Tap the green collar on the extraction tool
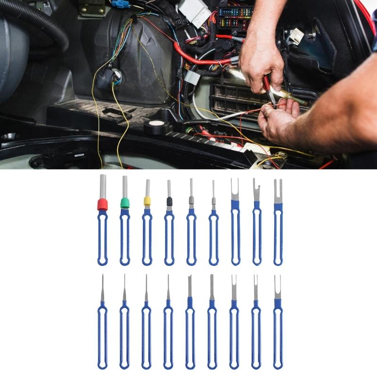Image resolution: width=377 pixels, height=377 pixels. click(x=124, y=203)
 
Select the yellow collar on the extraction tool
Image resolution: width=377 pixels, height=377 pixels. click(x=147, y=201)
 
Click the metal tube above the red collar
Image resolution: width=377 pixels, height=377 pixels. click(x=103, y=186)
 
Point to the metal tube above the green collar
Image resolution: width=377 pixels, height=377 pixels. click(x=125, y=187)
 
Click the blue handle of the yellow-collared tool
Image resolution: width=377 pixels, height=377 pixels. click(x=147, y=236)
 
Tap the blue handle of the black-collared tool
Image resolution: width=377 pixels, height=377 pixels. click(x=169, y=236)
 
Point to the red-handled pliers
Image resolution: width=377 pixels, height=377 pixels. click(x=269, y=90)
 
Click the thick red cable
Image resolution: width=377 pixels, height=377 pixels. click(x=198, y=59)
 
